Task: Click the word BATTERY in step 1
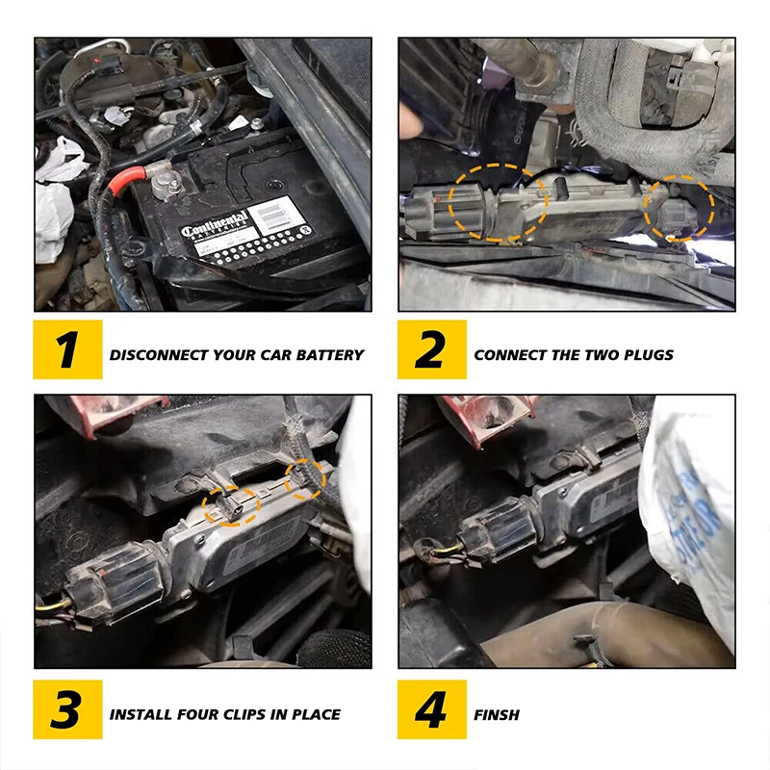pyautogui.click(x=329, y=354)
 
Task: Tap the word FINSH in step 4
pyautogui.click(x=497, y=714)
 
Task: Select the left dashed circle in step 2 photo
pyautogui.click(x=499, y=200)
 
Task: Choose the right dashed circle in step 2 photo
pyautogui.click(x=680, y=206)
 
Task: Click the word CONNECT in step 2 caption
pyautogui.click(x=510, y=354)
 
